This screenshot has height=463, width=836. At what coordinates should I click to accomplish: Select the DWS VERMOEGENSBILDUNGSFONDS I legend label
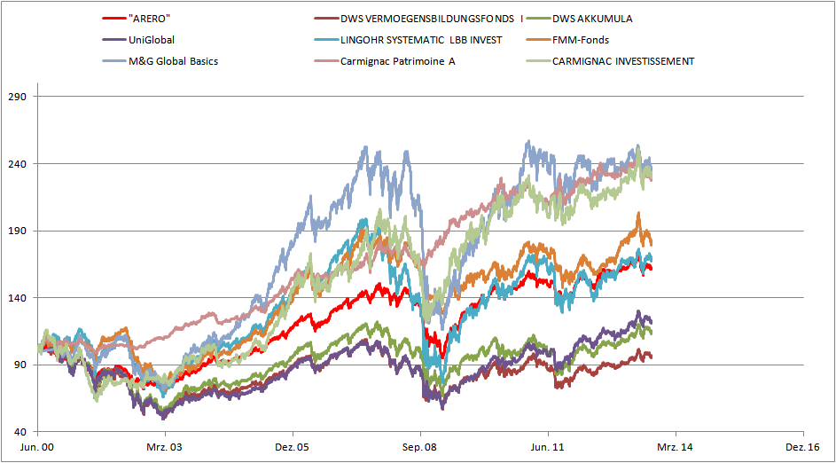tap(432, 18)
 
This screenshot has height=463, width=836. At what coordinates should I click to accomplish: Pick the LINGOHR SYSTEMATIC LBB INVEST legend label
tap(421, 40)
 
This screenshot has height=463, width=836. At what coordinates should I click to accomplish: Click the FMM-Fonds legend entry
tap(581, 40)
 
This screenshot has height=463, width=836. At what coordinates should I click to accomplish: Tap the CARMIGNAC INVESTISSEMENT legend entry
tap(623, 61)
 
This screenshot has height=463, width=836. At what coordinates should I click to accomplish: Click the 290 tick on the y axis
tap(18, 97)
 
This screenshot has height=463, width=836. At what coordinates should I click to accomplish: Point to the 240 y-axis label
tap(18, 164)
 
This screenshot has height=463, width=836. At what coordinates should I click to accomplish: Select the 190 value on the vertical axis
tap(18, 231)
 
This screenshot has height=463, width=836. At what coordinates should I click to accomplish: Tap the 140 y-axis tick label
tap(18, 298)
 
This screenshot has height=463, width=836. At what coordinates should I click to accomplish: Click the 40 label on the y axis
tap(20, 432)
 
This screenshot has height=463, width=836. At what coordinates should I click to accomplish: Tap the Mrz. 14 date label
tap(676, 449)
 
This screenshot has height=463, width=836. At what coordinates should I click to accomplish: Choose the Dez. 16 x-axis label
tap(802, 449)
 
